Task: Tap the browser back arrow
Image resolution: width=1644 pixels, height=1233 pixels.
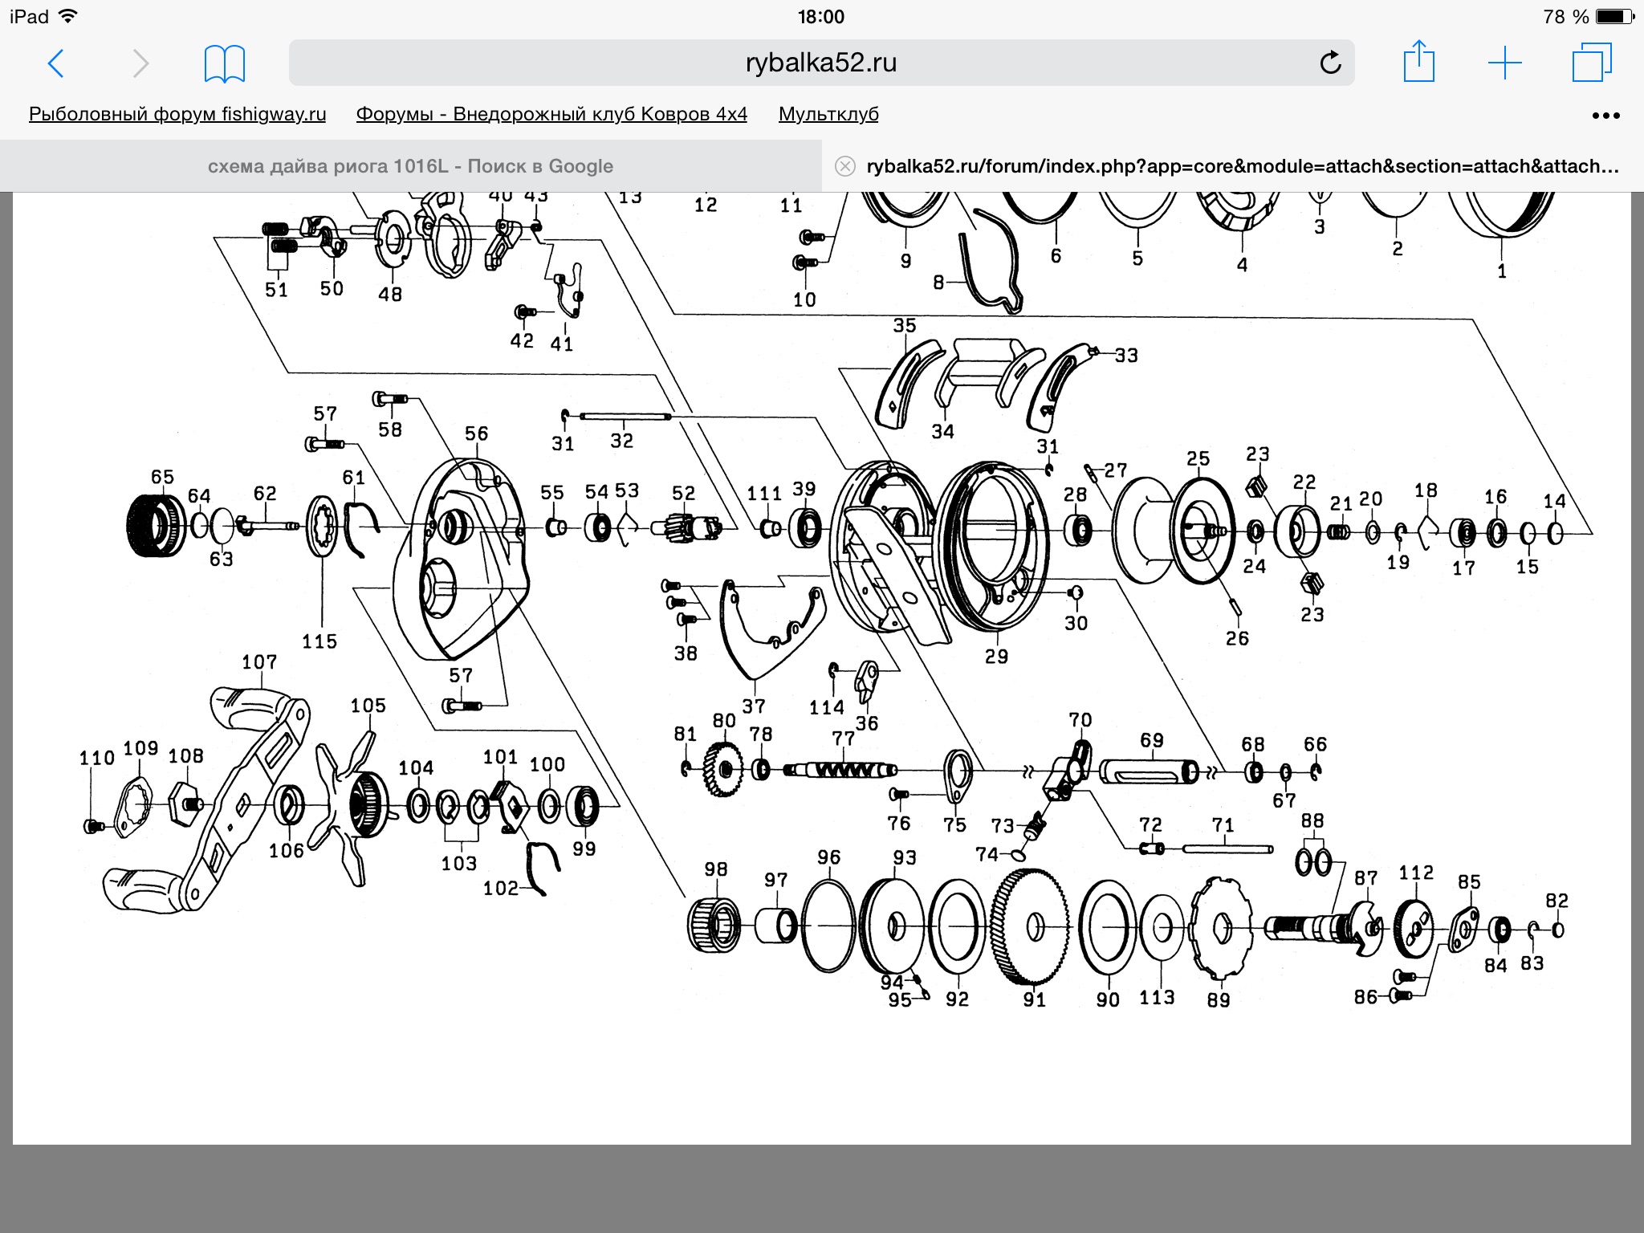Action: click(x=55, y=63)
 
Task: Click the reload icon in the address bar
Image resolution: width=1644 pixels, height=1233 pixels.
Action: click(x=1330, y=63)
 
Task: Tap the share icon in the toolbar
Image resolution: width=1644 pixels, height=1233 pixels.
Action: click(x=1418, y=61)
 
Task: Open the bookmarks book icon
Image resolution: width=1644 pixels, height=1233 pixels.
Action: click(x=225, y=64)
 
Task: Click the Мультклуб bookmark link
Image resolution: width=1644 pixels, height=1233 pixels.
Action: click(x=828, y=114)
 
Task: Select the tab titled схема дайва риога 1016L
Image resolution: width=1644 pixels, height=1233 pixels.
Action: click(x=410, y=166)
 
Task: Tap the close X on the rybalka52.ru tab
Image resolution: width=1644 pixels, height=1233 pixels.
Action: click(x=845, y=166)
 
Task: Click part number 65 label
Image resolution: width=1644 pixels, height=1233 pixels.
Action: click(x=162, y=477)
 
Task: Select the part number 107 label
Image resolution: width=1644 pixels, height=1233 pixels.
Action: click(x=259, y=662)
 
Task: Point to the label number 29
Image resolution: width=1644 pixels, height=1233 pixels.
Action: click(x=996, y=657)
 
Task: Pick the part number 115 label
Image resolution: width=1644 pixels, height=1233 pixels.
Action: click(x=319, y=641)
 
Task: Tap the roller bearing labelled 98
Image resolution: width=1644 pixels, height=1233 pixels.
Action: click(x=714, y=926)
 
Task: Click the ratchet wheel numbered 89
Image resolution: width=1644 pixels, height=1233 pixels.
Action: click(x=1221, y=928)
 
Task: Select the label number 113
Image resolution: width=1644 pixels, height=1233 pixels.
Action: click(x=1157, y=997)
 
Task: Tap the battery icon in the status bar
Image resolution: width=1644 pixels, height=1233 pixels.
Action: click(x=1615, y=16)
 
